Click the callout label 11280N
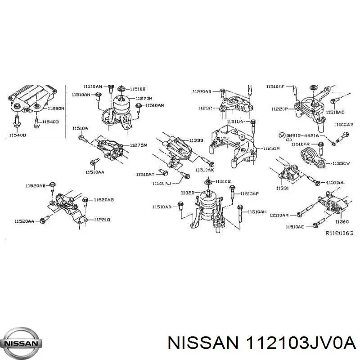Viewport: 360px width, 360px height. (x=56, y=108)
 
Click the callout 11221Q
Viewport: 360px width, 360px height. (x=102, y=220)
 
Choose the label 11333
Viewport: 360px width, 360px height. (x=197, y=140)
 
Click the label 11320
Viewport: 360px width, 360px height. (x=188, y=193)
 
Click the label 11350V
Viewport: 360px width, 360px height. (x=341, y=164)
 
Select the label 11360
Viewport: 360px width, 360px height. (x=342, y=221)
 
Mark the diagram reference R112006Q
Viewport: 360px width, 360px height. (x=339, y=234)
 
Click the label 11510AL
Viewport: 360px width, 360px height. (x=335, y=182)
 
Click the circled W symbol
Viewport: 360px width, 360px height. (x=281, y=135)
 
